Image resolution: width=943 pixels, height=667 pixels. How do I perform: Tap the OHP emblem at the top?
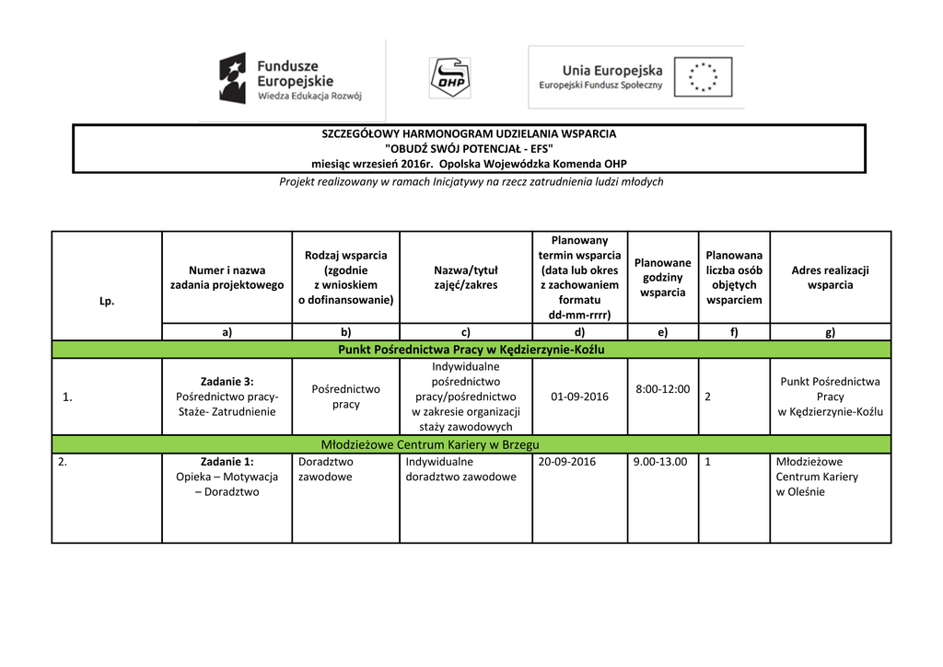point(449,77)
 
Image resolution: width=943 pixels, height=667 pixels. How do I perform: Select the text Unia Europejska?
point(612,70)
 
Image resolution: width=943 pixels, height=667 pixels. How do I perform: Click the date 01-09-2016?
point(579,397)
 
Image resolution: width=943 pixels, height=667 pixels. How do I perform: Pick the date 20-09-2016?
point(566,462)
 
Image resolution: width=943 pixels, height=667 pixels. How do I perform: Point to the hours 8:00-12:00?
point(662,389)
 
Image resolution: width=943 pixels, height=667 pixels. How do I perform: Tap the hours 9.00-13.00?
point(659,462)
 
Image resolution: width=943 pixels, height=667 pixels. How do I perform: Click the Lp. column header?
point(107,301)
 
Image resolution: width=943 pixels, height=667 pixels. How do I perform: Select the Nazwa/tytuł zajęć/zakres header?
point(465,277)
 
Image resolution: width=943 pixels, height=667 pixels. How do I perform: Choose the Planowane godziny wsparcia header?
point(662,277)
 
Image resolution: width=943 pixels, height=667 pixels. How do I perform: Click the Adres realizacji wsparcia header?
point(830,277)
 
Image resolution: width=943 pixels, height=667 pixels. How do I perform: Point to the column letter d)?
point(579,332)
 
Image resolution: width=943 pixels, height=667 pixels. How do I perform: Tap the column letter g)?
point(830,332)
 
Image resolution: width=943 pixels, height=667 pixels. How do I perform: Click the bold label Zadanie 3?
point(227,381)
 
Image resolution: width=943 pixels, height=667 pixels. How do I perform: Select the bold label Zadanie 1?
point(227,462)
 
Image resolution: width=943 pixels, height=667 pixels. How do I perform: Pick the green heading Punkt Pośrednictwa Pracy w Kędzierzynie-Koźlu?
point(471,350)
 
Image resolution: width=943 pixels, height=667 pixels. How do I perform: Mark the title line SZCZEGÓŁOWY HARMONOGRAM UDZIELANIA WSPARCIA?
point(469,133)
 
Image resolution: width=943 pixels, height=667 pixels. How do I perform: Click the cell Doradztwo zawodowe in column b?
point(327,469)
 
